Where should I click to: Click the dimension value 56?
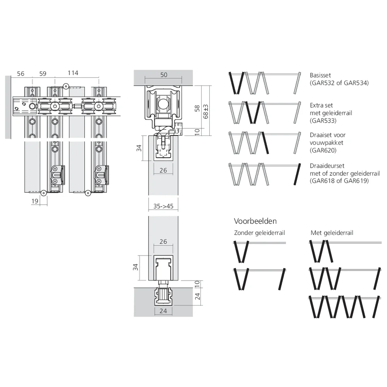coord(21,73)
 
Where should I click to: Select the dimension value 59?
coord(43,73)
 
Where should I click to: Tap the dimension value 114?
coord(73,73)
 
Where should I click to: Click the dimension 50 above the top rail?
coord(164,75)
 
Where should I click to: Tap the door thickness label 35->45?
coord(163,207)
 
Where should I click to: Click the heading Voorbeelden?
coord(255,221)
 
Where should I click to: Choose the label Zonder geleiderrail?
coord(259,233)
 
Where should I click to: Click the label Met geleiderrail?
coord(332,233)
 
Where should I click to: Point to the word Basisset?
coord(320,75)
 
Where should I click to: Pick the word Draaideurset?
coord(327,166)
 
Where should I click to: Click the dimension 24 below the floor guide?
coord(163,310)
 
